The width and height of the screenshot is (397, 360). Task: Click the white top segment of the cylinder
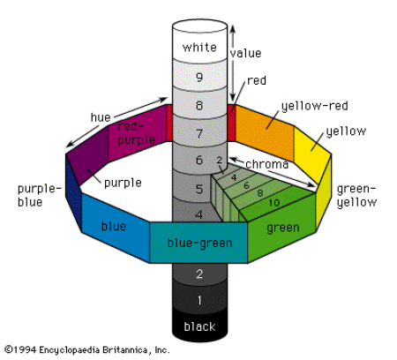pyautogui.click(x=198, y=46)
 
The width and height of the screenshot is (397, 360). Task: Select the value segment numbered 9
pyautogui.click(x=199, y=77)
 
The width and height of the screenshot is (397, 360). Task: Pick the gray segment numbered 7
pyautogui.click(x=198, y=134)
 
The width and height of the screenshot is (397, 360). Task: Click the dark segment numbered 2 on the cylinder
pyautogui.click(x=199, y=274)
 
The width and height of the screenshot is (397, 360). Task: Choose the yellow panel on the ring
pyautogui.click(x=312, y=153)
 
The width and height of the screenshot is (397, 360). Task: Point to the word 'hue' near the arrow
pyautogui.click(x=101, y=116)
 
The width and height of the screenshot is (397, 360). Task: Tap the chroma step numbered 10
pyautogui.click(x=275, y=203)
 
